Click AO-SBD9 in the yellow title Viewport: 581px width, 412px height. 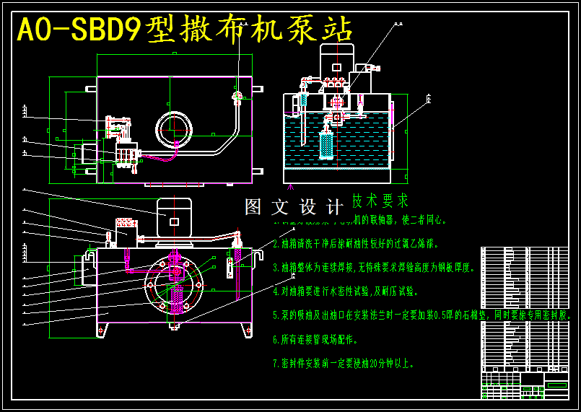(79, 30)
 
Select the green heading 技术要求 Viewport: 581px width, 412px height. (380, 200)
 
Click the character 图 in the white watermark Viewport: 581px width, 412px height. (253, 208)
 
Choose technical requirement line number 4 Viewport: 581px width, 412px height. (345, 292)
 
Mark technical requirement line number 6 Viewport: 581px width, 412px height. (315, 338)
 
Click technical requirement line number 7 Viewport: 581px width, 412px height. (343, 363)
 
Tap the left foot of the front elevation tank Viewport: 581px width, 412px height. (102, 330)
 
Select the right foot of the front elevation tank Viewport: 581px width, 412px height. (247, 330)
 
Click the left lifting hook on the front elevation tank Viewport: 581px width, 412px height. (88, 255)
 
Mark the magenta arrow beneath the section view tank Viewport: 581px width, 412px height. (292, 188)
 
